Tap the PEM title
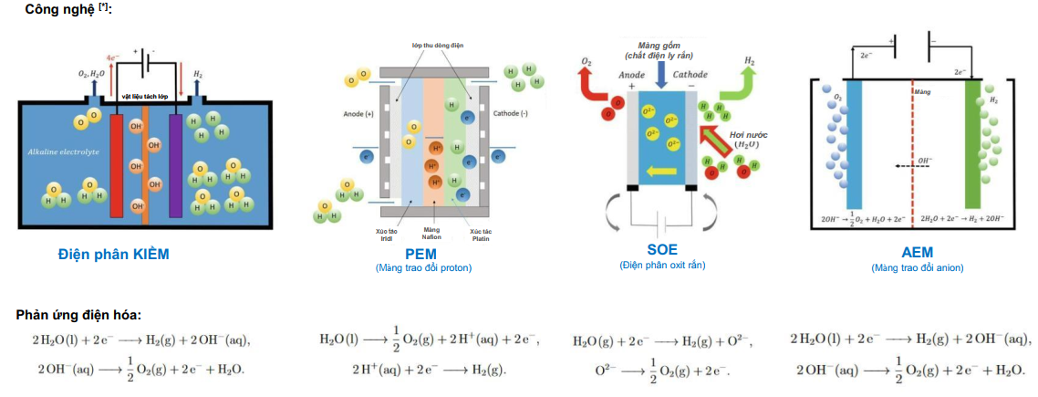click(421, 252)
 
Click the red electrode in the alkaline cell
click(116, 164)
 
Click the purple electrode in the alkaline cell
click(175, 164)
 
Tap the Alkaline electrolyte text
click(63, 151)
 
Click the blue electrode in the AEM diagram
click(855, 146)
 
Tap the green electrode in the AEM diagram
click(972, 146)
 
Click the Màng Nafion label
click(432, 233)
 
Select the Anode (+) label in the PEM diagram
click(358, 114)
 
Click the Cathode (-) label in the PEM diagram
click(513, 114)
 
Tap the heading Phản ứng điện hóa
click(78, 315)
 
